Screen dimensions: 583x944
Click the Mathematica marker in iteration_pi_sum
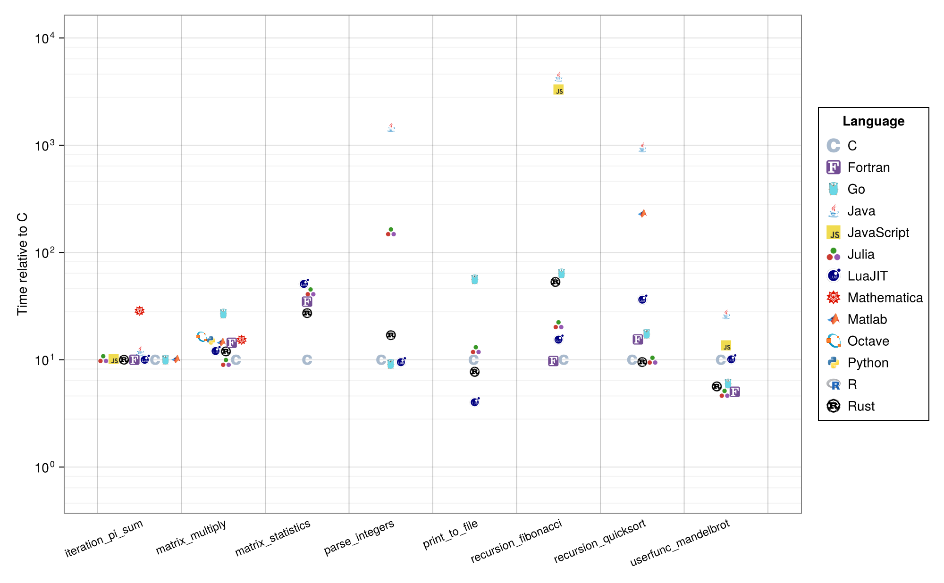coord(139,311)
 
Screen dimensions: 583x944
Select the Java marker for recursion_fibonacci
coord(558,76)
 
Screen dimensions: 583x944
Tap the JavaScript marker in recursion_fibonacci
coord(558,90)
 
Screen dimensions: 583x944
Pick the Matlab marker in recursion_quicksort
coord(642,214)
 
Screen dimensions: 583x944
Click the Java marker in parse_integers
coord(391,127)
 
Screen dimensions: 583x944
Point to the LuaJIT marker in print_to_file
coord(475,402)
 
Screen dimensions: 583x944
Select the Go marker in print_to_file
coord(474,279)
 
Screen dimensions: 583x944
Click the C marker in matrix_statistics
coord(307,360)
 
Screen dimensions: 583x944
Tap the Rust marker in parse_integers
coord(391,335)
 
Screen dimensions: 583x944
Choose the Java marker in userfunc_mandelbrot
coord(726,314)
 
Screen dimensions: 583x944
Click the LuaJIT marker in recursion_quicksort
coord(642,300)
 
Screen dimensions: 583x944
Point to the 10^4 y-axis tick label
coord(45,38)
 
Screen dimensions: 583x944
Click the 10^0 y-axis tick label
coord(45,467)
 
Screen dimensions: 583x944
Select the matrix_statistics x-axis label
coord(273,538)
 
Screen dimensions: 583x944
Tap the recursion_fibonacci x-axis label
coord(516,541)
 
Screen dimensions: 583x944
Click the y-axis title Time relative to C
coord(22,264)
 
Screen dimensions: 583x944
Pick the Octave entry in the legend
coord(868,341)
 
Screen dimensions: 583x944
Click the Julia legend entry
coord(860,254)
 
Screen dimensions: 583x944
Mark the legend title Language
coord(873,121)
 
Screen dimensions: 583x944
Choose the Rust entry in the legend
coord(861,406)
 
